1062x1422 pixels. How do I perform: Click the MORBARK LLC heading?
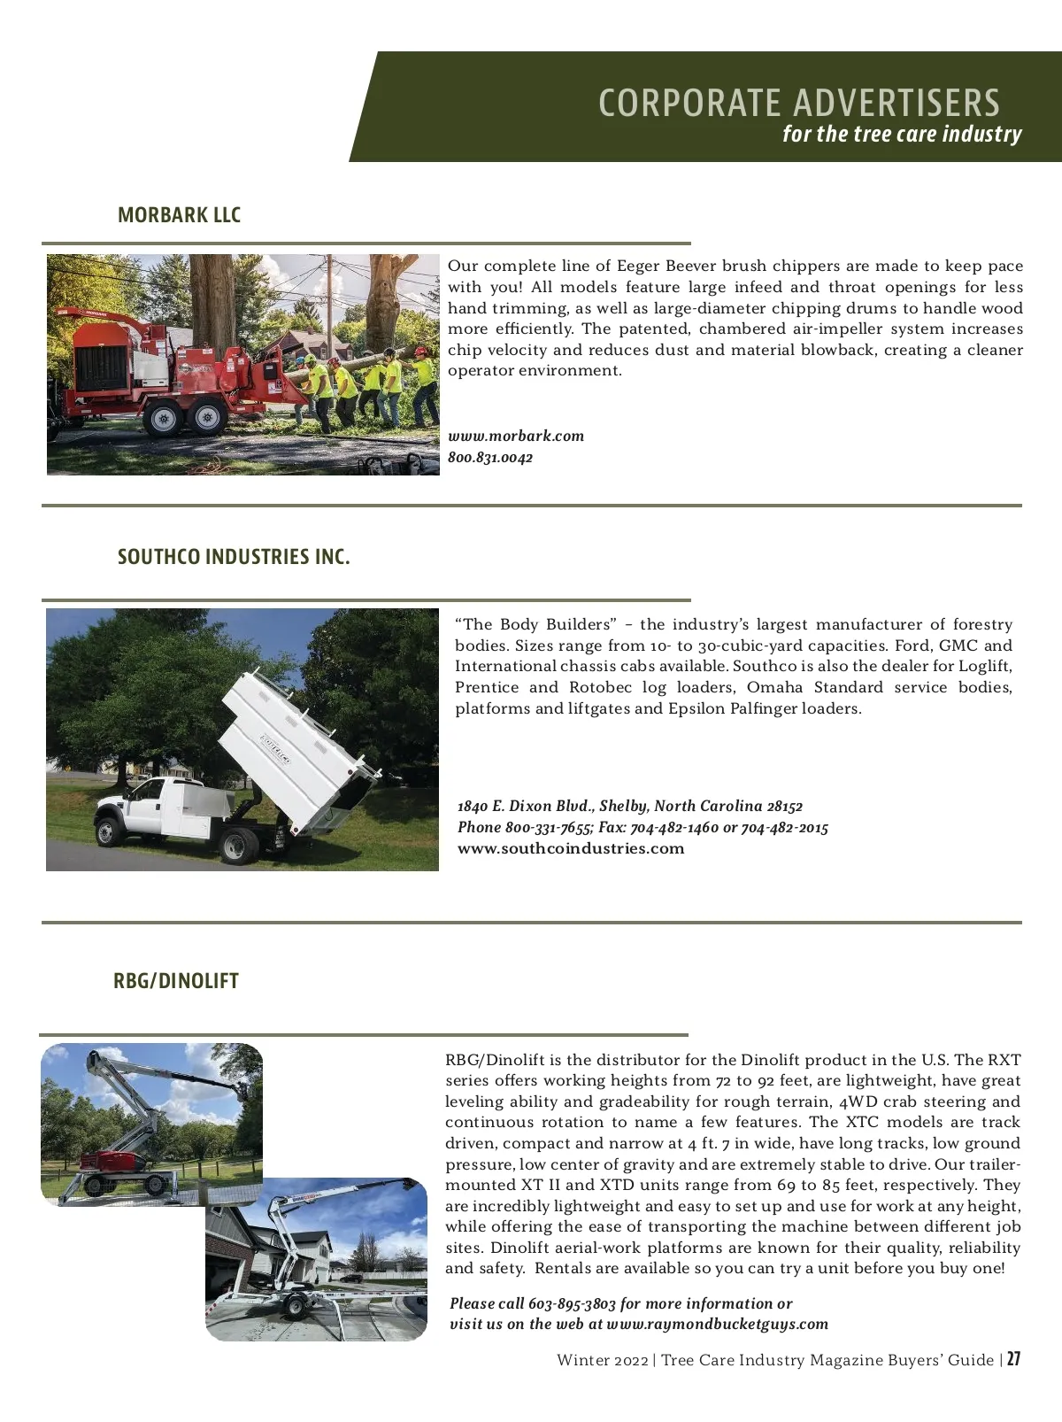(x=179, y=215)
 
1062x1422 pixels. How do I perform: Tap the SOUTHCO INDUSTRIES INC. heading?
(x=234, y=557)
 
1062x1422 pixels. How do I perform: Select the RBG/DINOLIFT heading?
(x=176, y=981)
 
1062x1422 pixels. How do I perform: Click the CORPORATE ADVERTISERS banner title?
(x=799, y=103)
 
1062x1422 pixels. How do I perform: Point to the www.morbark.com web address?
(x=516, y=436)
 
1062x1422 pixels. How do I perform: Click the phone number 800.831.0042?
(x=490, y=458)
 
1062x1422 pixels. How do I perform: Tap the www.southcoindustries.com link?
(x=571, y=848)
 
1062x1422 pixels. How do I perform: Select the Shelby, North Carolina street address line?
(x=629, y=806)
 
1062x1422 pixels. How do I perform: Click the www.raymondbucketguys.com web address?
(x=718, y=1325)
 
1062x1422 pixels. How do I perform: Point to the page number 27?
(x=1013, y=1359)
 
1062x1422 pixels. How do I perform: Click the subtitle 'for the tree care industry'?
(x=902, y=135)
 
